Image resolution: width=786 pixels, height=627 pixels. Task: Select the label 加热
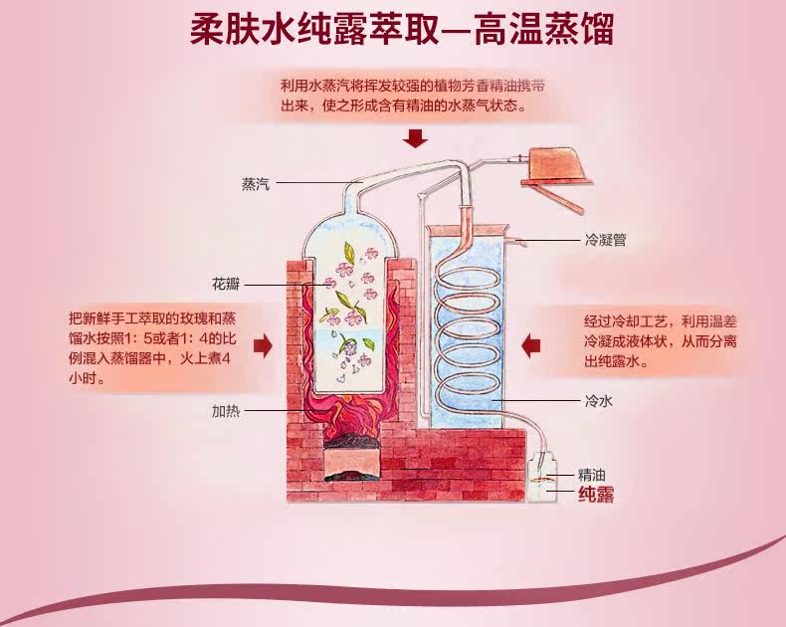point(224,410)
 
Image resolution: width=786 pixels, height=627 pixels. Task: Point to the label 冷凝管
point(604,239)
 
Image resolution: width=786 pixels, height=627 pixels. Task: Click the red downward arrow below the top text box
point(417,138)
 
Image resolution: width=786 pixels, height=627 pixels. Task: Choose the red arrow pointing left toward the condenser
point(532,344)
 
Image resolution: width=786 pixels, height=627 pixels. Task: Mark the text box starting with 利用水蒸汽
point(417,96)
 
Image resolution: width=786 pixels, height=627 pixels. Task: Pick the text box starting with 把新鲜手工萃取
point(152,347)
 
